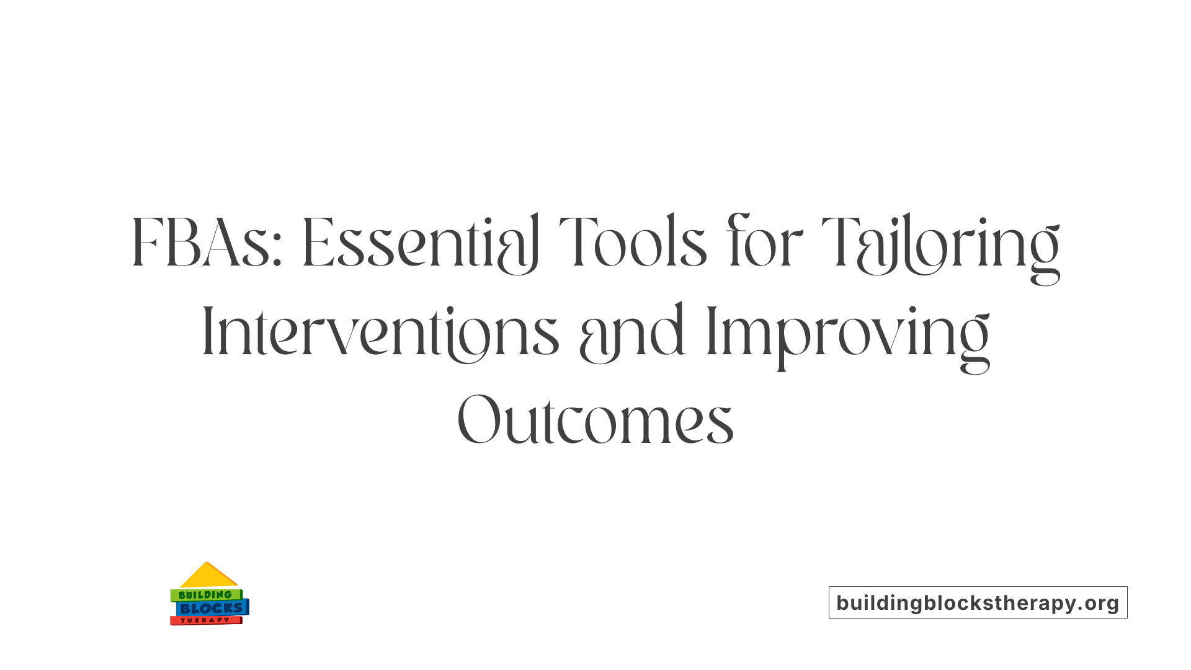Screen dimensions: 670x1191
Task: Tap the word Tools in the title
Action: (633, 243)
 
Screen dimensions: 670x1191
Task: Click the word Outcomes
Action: (595, 420)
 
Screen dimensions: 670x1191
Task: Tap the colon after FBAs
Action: (277, 253)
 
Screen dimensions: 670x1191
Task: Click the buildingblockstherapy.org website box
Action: (978, 602)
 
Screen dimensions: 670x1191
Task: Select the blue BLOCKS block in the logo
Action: (212, 608)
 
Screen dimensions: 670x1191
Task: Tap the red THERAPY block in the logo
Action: (205, 620)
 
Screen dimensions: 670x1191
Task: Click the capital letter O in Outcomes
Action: (478, 419)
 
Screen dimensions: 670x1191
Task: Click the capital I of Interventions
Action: (208, 332)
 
